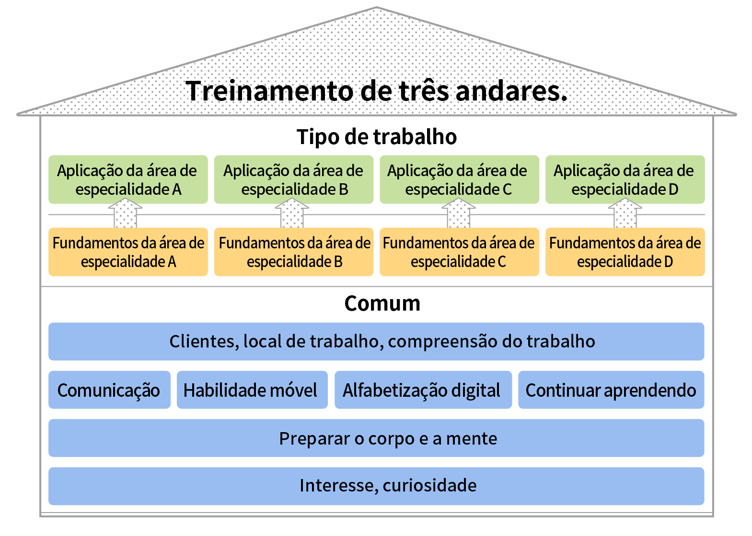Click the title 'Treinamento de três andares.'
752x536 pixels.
click(376, 91)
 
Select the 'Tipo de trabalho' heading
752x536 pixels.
click(377, 137)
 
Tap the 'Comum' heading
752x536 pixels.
click(382, 303)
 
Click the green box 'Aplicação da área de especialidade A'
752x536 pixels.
click(128, 179)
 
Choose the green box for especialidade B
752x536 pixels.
click(294, 179)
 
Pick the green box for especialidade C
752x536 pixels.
click(459, 179)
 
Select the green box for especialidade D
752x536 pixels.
click(625, 179)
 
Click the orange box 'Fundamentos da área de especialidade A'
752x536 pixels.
click(128, 252)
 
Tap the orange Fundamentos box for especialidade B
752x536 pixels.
click(294, 252)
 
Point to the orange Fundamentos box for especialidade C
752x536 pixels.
click(459, 252)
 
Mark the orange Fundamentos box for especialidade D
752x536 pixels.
click(625, 252)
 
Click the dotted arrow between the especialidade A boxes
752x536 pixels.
click(125, 213)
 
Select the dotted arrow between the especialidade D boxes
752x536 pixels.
click(625, 213)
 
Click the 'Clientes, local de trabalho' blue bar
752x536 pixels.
click(376, 342)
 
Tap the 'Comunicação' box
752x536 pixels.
click(109, 390)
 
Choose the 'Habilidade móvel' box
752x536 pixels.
click(252, 390)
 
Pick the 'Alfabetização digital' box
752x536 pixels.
click(423, 390)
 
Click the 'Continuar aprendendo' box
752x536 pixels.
click(611, 390)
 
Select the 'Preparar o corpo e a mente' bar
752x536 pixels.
click(376, 438)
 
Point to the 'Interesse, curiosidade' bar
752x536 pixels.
click(376, 486)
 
